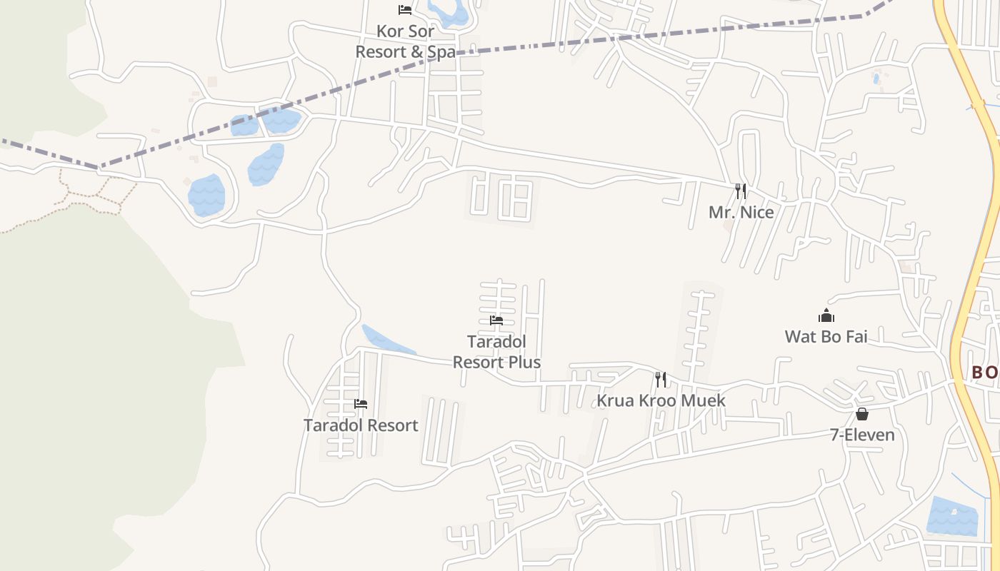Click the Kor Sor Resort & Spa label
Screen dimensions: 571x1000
click(x=405, y=42)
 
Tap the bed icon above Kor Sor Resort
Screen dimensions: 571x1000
click(x=405, y=10)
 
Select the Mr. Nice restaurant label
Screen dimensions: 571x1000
click(x=741, y=212)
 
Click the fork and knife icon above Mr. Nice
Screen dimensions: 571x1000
click(x=741, y=191)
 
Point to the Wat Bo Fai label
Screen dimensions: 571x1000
click(x=826, y=336)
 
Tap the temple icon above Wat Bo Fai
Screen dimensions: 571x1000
click(x=826, y=315)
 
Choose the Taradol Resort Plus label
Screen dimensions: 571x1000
click(x=496, y=352)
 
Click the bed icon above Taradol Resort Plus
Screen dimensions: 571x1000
click(x=496, y=320)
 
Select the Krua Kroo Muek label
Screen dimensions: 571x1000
click(x=661, y=400)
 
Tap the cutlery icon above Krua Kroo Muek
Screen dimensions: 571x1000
click(x=661, y=380)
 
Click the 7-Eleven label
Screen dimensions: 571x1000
click(x=862, y=435)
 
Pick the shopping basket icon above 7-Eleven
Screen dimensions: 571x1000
click(x=862, y=414)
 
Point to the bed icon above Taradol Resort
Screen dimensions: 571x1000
click(x=361, y=404)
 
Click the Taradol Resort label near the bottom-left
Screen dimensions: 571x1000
click(x=361, y=425)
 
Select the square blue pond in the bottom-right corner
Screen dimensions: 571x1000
click(x=951, y=516)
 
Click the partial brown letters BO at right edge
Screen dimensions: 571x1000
click(x=985, y=373)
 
